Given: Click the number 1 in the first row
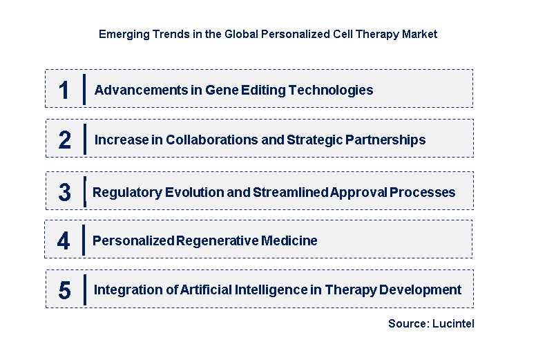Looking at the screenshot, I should click(x=64, y=91).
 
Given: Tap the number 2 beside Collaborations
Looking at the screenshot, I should click(x=64, y=140).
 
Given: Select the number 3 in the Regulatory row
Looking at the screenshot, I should click(x=64, y=193).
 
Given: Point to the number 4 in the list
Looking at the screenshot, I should click(x=64, y=241).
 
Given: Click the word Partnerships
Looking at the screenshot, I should click(x=384, y=140).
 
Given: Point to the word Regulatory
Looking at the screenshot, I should click(x=126, y=192).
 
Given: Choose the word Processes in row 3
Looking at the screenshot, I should click(x=422, y=192).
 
